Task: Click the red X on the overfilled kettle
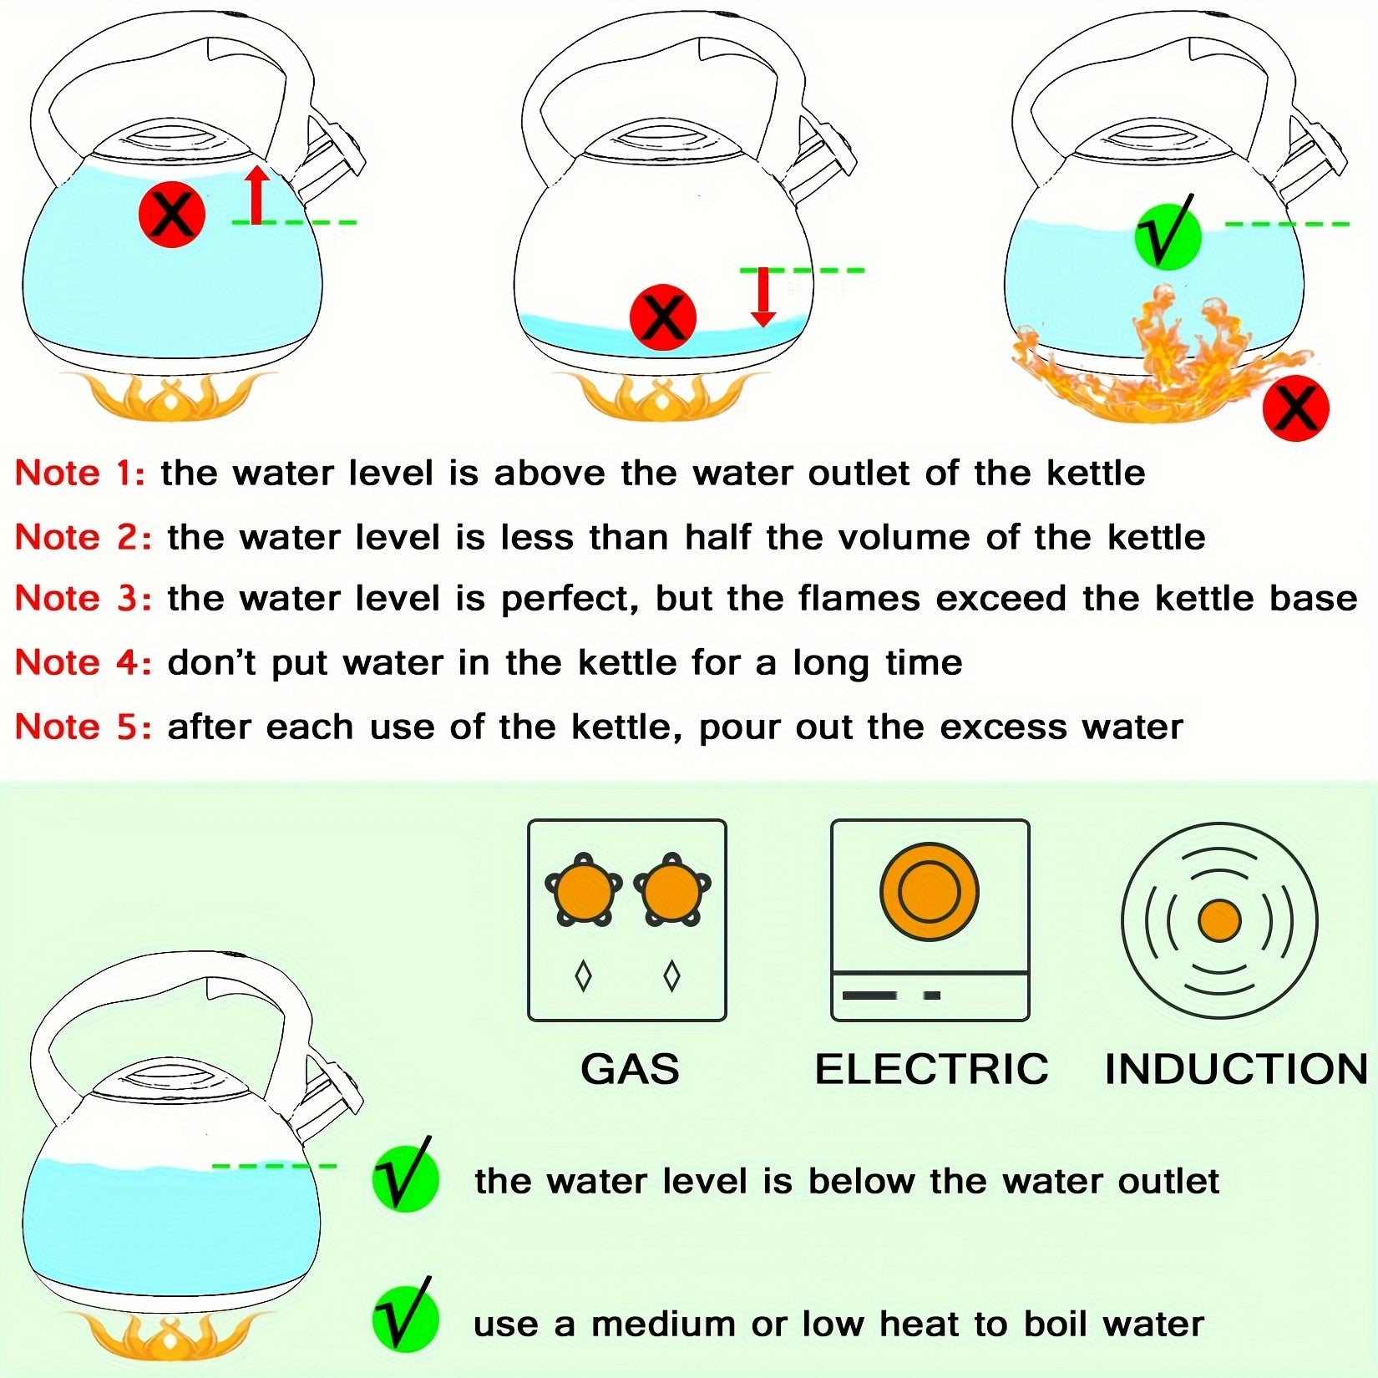(x=172, y=215)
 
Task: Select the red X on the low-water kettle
(x=662, y=317)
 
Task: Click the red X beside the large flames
(x=1295, y=408)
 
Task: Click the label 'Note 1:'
(x=80, y=474)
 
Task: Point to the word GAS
(x=630, y=1069)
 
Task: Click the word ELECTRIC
(x=931, y=1069)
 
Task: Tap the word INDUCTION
(x=1236, y=1069)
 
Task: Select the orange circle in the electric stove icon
(x=929, y=891)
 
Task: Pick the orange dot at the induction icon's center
(x=1219, y=921)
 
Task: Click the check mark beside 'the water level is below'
(x=405, y=1178)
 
